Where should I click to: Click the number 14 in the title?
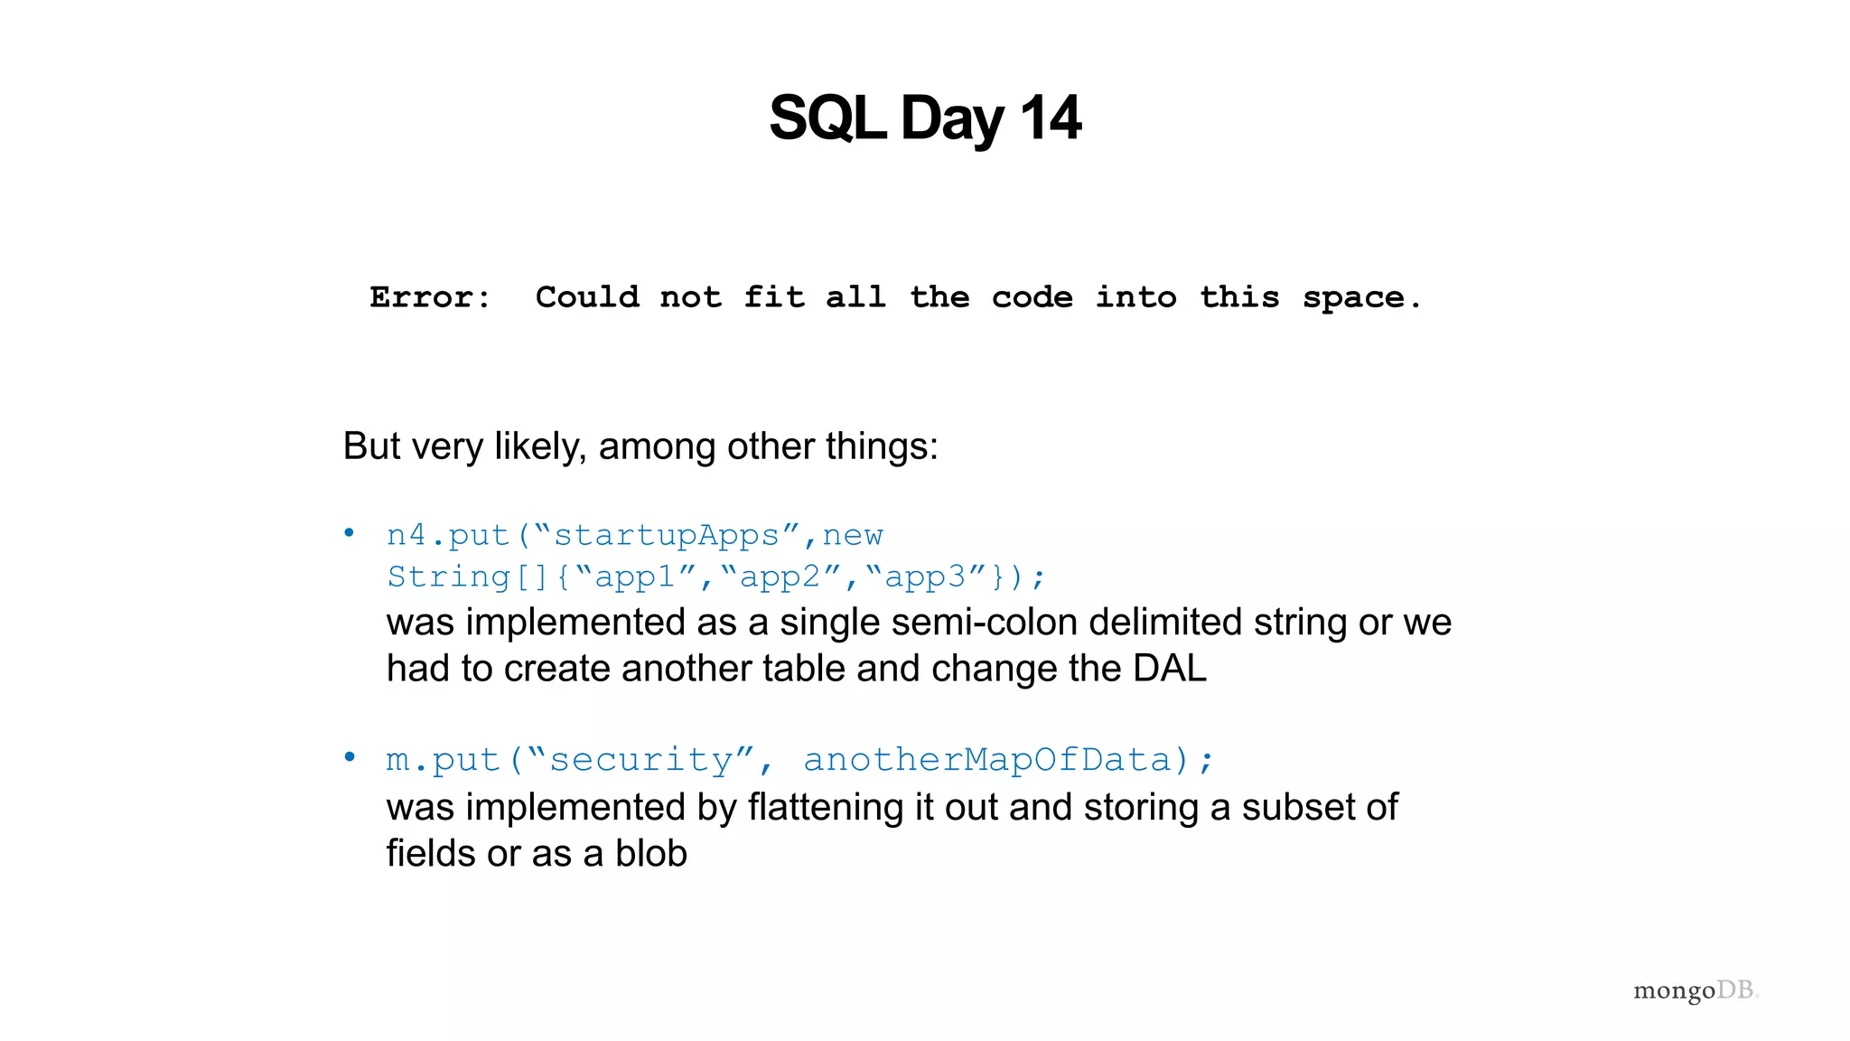[1050, 118]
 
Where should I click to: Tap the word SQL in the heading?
[827, 118]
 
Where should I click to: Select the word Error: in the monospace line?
[430, 297]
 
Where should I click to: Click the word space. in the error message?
[1361, 297]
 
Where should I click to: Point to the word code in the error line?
[1032, 297]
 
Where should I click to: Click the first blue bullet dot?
[350, 533]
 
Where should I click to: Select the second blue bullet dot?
[350, 757]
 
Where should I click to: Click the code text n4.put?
[447, 535]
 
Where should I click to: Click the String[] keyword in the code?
[467, 577]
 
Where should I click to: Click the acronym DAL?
[1169, 669]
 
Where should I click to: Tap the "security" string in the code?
[640, 760]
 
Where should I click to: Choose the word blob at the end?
[650, 853]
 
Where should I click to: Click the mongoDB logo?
[1695, 991]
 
